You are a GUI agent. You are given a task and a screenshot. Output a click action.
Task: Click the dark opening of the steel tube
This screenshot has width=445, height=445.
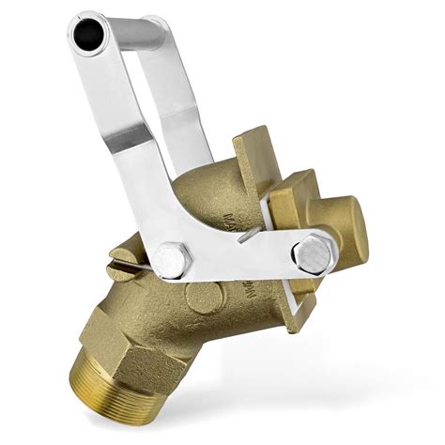(88, 36)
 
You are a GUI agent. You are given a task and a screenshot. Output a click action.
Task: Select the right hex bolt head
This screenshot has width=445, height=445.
(311, 252)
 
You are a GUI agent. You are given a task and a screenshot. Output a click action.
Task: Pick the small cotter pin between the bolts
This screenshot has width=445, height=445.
(246, 238)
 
